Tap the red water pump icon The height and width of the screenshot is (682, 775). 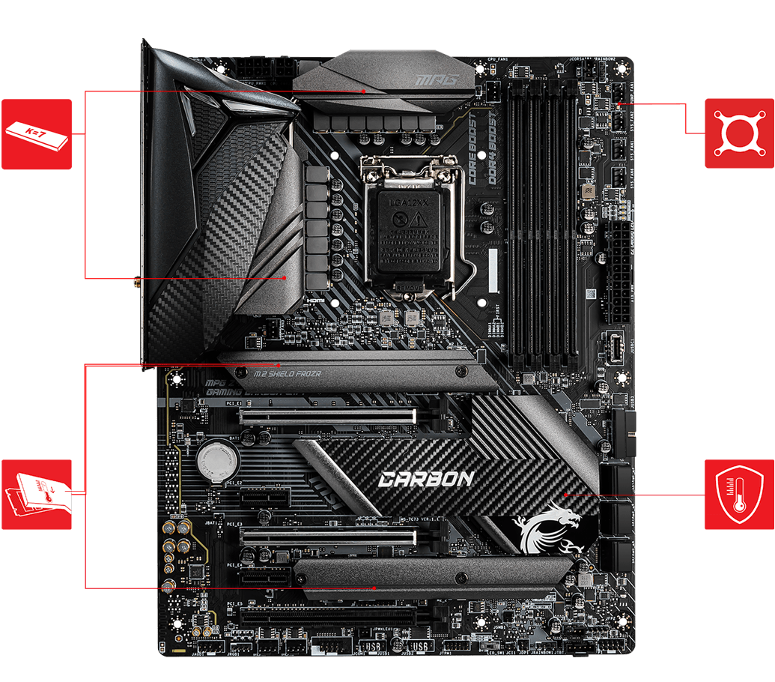[x=739, y=133]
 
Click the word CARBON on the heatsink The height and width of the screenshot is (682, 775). [x=425, y=478]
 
